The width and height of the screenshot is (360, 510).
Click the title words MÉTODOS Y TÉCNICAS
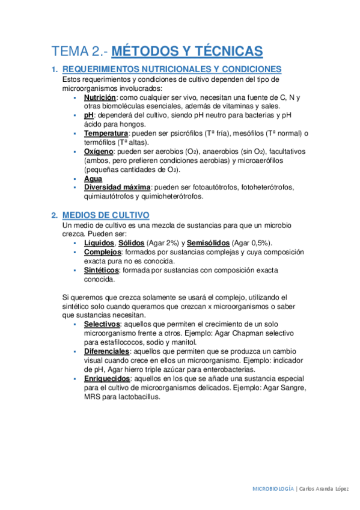pos(188,51)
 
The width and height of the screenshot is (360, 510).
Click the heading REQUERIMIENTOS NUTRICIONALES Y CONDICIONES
pos(172,69)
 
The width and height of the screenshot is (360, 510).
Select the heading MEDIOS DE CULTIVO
pos(106,215)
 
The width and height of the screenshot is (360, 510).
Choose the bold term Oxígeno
pos(99,152)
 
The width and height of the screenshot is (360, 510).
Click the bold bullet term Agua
pos(93,179)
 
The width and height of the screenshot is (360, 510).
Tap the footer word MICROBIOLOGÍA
pos(273,489)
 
